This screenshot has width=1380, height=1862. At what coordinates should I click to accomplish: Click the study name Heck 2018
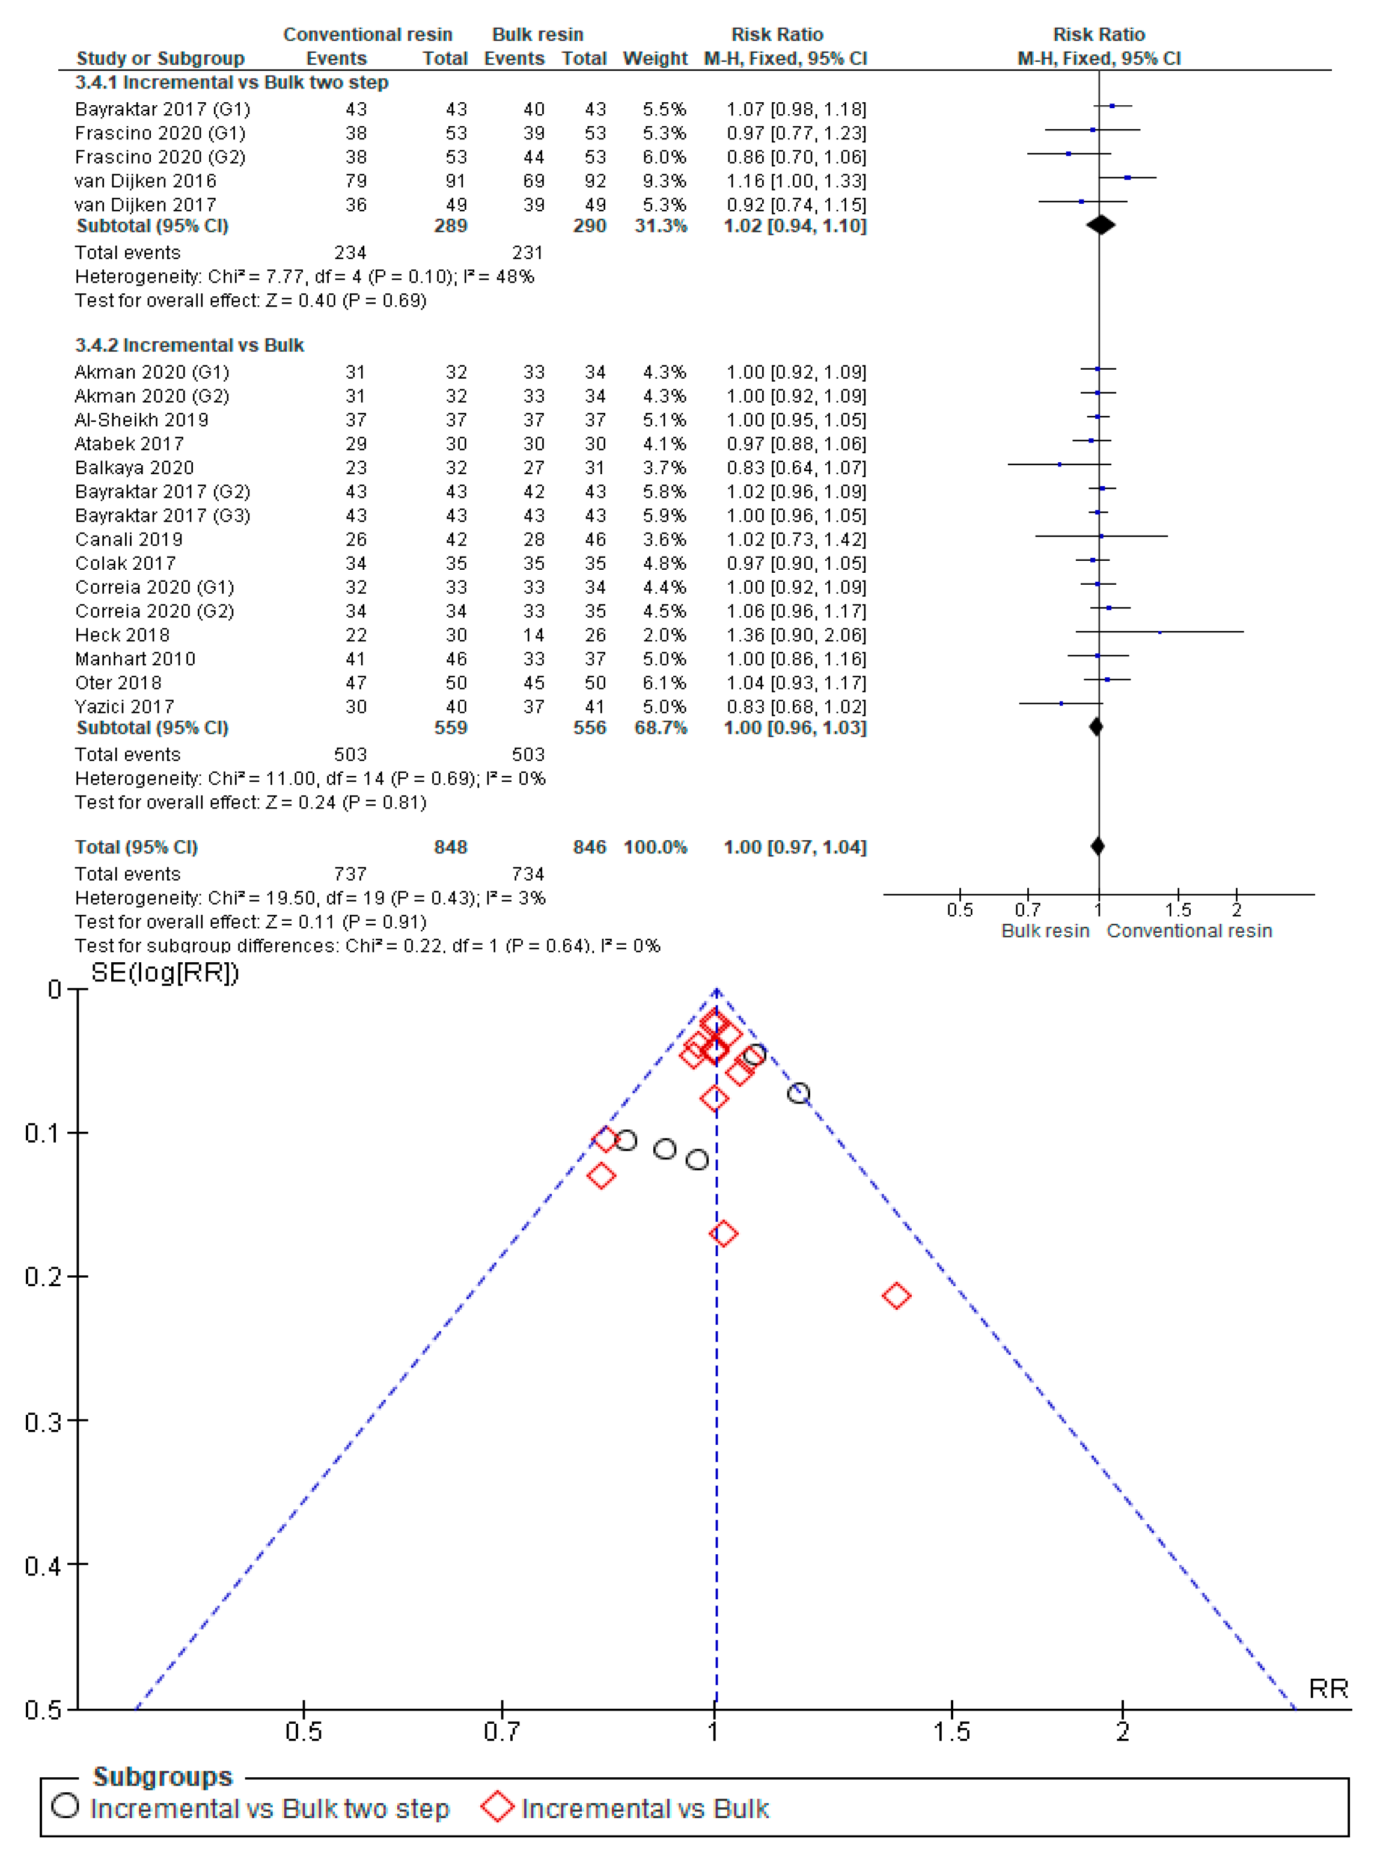[x=122, y=635]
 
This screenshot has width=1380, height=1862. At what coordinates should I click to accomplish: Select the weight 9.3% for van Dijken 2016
[x=664, y=180]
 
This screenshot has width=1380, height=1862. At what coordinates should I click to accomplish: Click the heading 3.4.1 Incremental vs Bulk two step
[x=231, y=83]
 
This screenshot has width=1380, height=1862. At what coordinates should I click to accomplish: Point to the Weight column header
[x=655, y=58]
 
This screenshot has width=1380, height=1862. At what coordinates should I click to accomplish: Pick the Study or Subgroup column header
[x=160, y=58]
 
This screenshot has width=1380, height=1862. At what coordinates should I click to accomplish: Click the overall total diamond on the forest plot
[x=1098, y=846]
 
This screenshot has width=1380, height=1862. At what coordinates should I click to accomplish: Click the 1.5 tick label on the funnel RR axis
[x=951, y=1732]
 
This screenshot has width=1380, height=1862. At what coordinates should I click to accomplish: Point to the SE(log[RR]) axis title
[x=165, y=972]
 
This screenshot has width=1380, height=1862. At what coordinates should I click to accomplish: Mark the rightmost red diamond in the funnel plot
[x=896, y=1296]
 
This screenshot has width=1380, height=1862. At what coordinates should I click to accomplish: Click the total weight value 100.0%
[x=655, y=847]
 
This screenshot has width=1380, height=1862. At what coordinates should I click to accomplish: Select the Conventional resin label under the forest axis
[x=1189, y=930]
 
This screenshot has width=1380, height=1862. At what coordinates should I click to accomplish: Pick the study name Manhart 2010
[x=135, y=659]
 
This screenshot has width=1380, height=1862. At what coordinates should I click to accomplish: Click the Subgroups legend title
[x=162, y=1776]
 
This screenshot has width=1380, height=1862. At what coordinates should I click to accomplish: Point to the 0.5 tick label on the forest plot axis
[x=960, y=910]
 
